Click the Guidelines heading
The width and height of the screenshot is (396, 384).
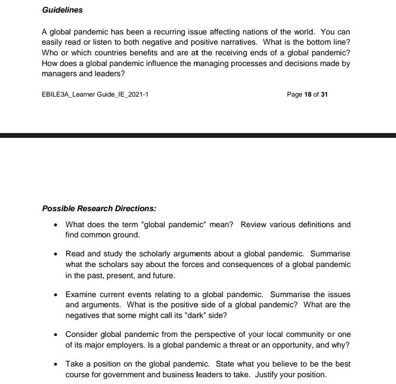(62, 10)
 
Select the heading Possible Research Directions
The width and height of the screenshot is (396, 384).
(99, 209)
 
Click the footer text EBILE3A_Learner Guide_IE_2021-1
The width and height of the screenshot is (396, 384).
(95, 94)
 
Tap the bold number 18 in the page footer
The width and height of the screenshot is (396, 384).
(308, 94)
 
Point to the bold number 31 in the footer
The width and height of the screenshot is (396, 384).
(324, 94)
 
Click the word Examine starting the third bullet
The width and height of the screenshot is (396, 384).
(82, 294)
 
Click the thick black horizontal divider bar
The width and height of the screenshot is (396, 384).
(198, 135)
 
